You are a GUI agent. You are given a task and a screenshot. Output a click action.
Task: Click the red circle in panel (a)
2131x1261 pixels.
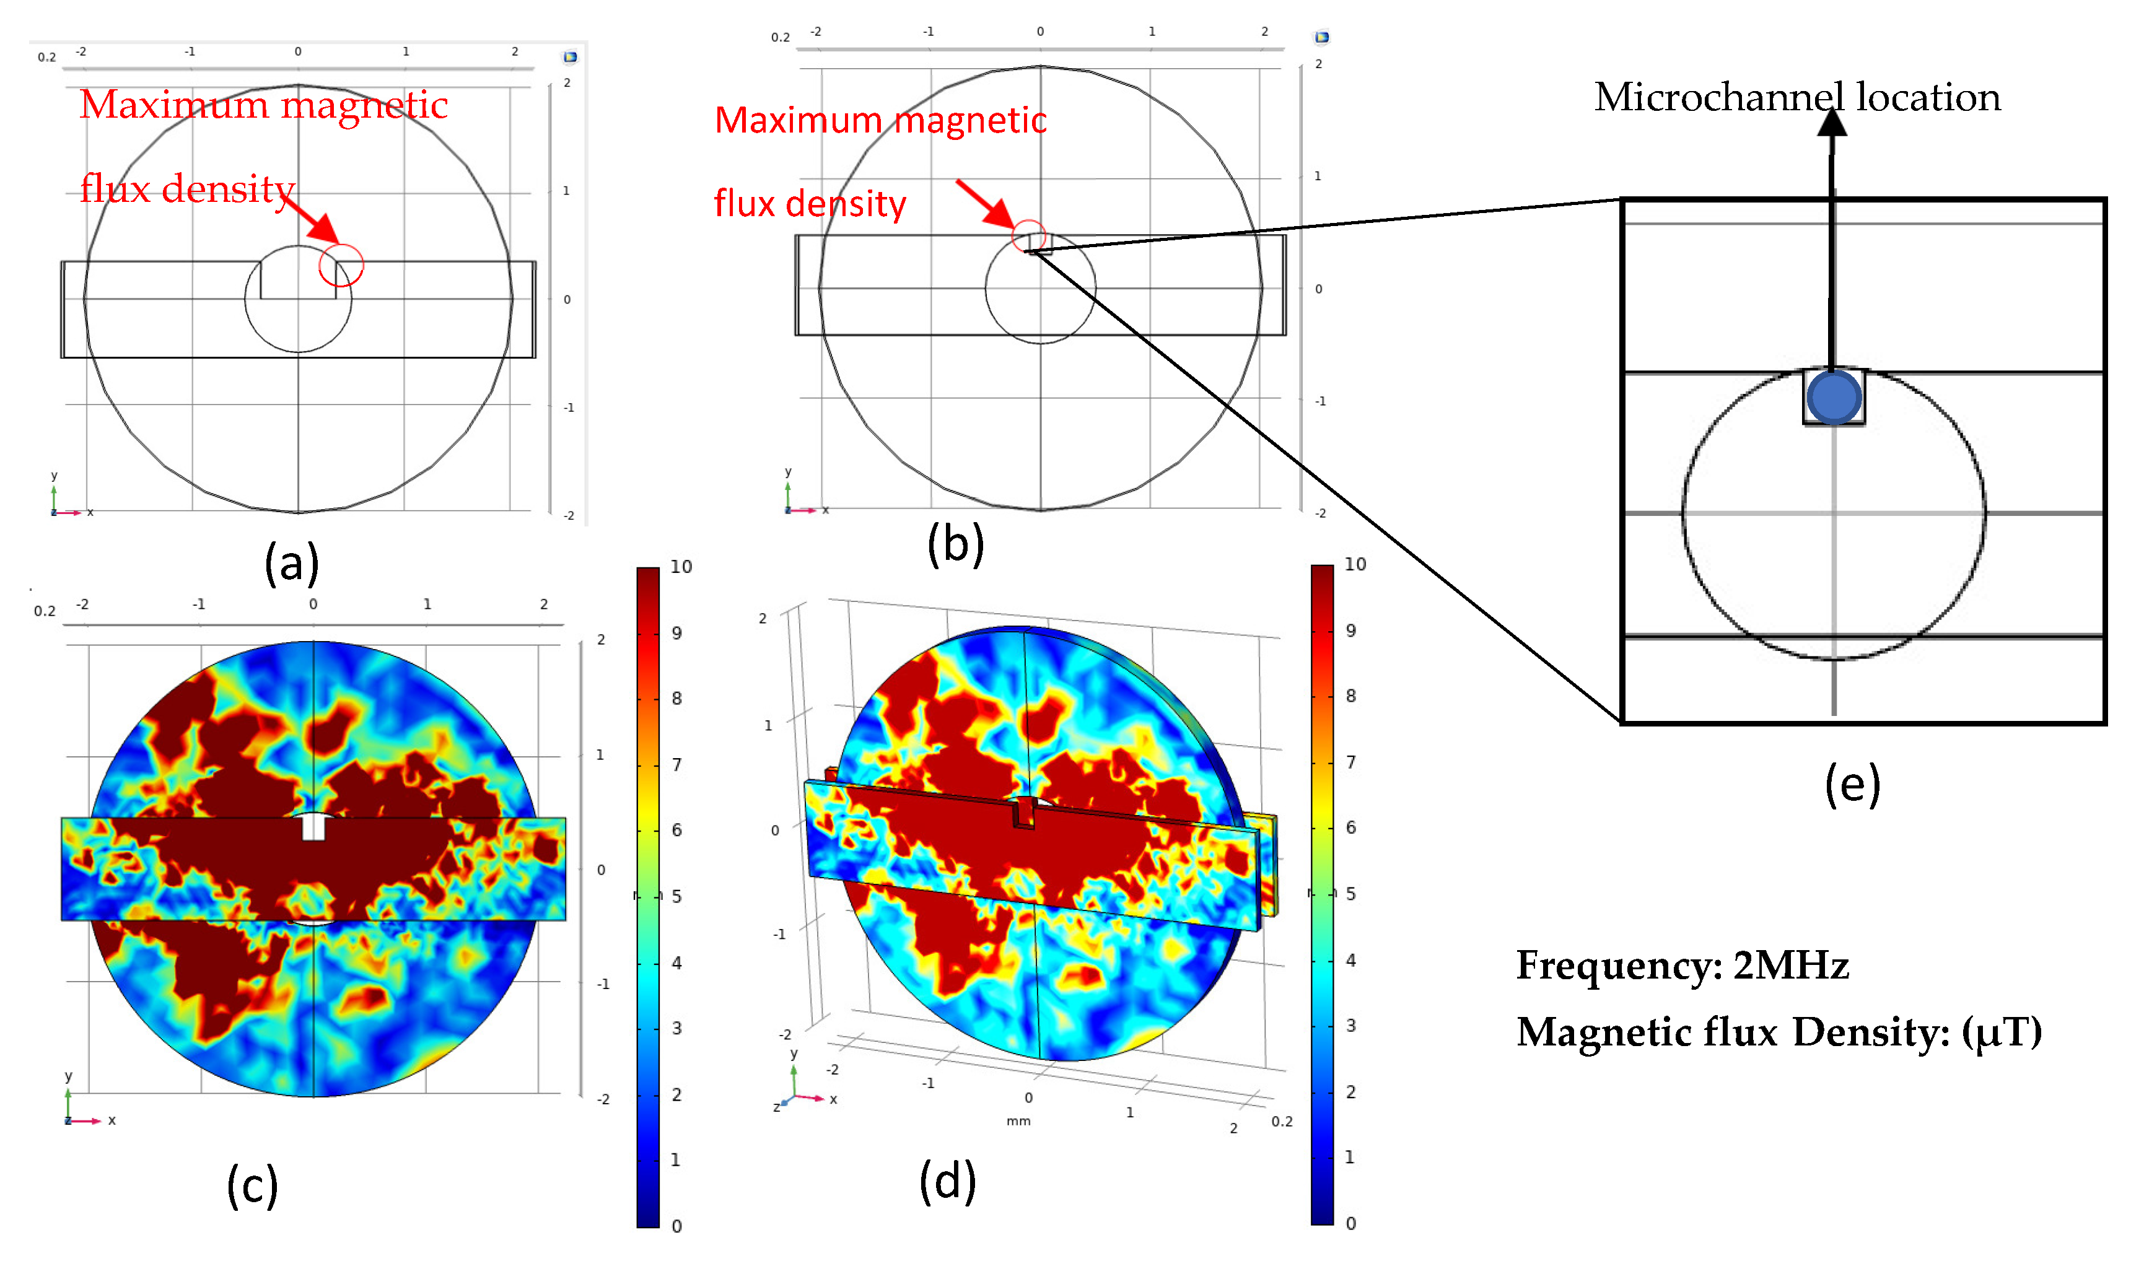click(x=341, y=265)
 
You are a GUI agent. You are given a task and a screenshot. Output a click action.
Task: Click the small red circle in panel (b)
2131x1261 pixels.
click(x=1029, y=236)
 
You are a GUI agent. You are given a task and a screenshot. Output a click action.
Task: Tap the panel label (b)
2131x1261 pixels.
click(x=955, y=544)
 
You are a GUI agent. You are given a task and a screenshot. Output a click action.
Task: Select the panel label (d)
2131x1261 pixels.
click(x=947, y=1181)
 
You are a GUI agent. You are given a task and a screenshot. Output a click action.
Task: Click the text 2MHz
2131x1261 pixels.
click(x=1790, y=966)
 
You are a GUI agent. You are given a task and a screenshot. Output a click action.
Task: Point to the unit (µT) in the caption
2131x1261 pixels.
click(x=2001, y=1032)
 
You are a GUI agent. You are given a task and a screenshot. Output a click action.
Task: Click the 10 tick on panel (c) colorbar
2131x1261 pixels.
click(x=681, y=567)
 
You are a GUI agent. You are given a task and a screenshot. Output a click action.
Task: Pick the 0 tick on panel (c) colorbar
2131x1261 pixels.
click(x=676, y=1225)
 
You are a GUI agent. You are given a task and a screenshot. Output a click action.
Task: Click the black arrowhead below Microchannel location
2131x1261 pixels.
click(x=1832, y=123)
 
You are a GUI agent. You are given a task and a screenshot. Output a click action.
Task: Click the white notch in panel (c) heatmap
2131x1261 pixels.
click(x=313, y=827)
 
